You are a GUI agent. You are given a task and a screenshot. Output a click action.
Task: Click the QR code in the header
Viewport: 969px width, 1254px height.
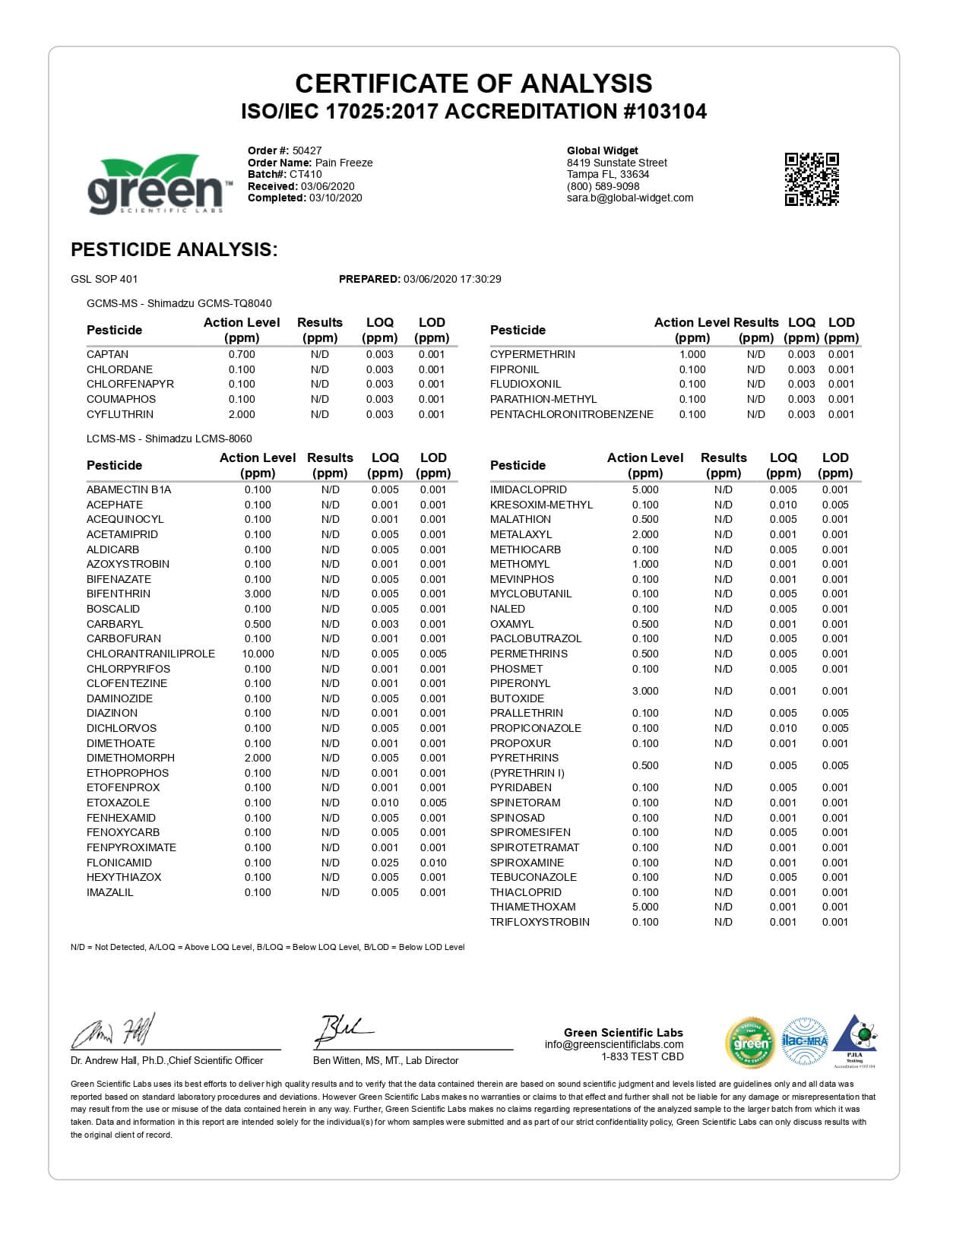coord(812,179)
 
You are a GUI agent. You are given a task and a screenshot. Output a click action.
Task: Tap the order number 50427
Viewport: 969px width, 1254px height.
coord(307,150)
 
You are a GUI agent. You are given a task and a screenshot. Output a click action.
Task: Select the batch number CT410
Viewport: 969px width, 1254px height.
coord(306,174)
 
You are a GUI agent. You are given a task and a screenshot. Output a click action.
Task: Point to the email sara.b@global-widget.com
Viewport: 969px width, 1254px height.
coord(630,198)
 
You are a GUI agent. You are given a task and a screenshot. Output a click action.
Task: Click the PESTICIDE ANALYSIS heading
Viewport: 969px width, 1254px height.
coord(174,249)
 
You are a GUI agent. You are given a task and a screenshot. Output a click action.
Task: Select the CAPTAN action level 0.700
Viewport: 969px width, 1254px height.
coord(242,354)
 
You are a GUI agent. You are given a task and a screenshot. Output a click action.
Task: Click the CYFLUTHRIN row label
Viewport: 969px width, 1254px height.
coord(120,414)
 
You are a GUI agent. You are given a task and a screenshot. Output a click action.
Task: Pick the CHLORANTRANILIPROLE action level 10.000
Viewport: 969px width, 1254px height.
coord(258,654)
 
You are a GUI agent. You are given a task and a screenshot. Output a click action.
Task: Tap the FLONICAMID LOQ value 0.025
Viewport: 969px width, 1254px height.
coord(385,863)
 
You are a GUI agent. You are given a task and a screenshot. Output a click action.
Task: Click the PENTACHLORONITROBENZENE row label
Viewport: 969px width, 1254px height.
coord(572,414)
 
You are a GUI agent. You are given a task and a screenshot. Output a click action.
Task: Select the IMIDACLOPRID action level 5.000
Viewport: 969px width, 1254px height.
coord(645,489)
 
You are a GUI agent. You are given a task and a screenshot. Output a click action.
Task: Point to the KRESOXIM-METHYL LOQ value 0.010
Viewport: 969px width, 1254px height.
coord(783,505)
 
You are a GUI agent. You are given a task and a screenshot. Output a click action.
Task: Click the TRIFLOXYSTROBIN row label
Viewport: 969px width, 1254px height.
coord(540,922)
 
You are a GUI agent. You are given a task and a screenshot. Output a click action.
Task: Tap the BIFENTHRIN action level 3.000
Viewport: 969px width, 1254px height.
coord(258,594)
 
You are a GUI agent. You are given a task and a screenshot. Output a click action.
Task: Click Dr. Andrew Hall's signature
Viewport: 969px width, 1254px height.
coord(114,1031)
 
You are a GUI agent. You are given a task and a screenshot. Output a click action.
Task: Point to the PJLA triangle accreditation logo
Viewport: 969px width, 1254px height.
coord(855,1039)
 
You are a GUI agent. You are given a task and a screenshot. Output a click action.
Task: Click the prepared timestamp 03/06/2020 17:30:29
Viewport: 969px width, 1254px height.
coord(452,279)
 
